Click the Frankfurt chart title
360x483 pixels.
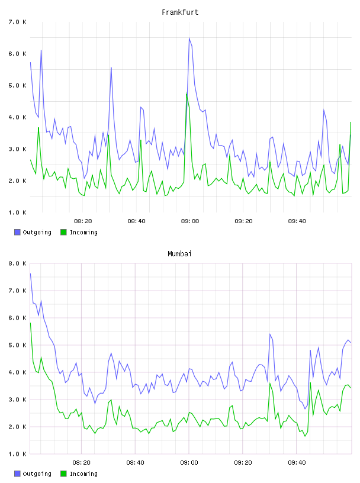point(180,12)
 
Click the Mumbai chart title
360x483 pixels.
point(179,254)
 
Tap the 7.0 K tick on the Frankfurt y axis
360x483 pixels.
point(17,22)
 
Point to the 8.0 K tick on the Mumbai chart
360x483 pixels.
point(17,263)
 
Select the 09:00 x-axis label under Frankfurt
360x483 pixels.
point(190,221)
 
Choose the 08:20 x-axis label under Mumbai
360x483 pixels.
point(81,463)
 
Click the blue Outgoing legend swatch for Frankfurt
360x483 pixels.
point(17,232)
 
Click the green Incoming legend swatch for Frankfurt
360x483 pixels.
point(63,232)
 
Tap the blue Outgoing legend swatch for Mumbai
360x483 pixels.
point(17,474)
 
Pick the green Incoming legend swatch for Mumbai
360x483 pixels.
point(63,474)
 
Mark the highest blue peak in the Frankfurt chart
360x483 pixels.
point(189,38)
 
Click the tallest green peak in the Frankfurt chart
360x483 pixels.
point(187,93)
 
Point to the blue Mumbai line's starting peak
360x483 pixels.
point(30,273)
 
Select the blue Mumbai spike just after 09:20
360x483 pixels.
point(269,334)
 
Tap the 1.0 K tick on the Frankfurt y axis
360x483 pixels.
point(17,212)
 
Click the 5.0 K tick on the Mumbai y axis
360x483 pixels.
point(17,345)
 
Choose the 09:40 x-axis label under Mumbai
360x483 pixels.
point(297,463)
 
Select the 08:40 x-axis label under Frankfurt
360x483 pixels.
point(136,221)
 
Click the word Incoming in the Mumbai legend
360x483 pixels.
point(83,474)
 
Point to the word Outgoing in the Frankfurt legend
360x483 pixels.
point(37,232)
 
